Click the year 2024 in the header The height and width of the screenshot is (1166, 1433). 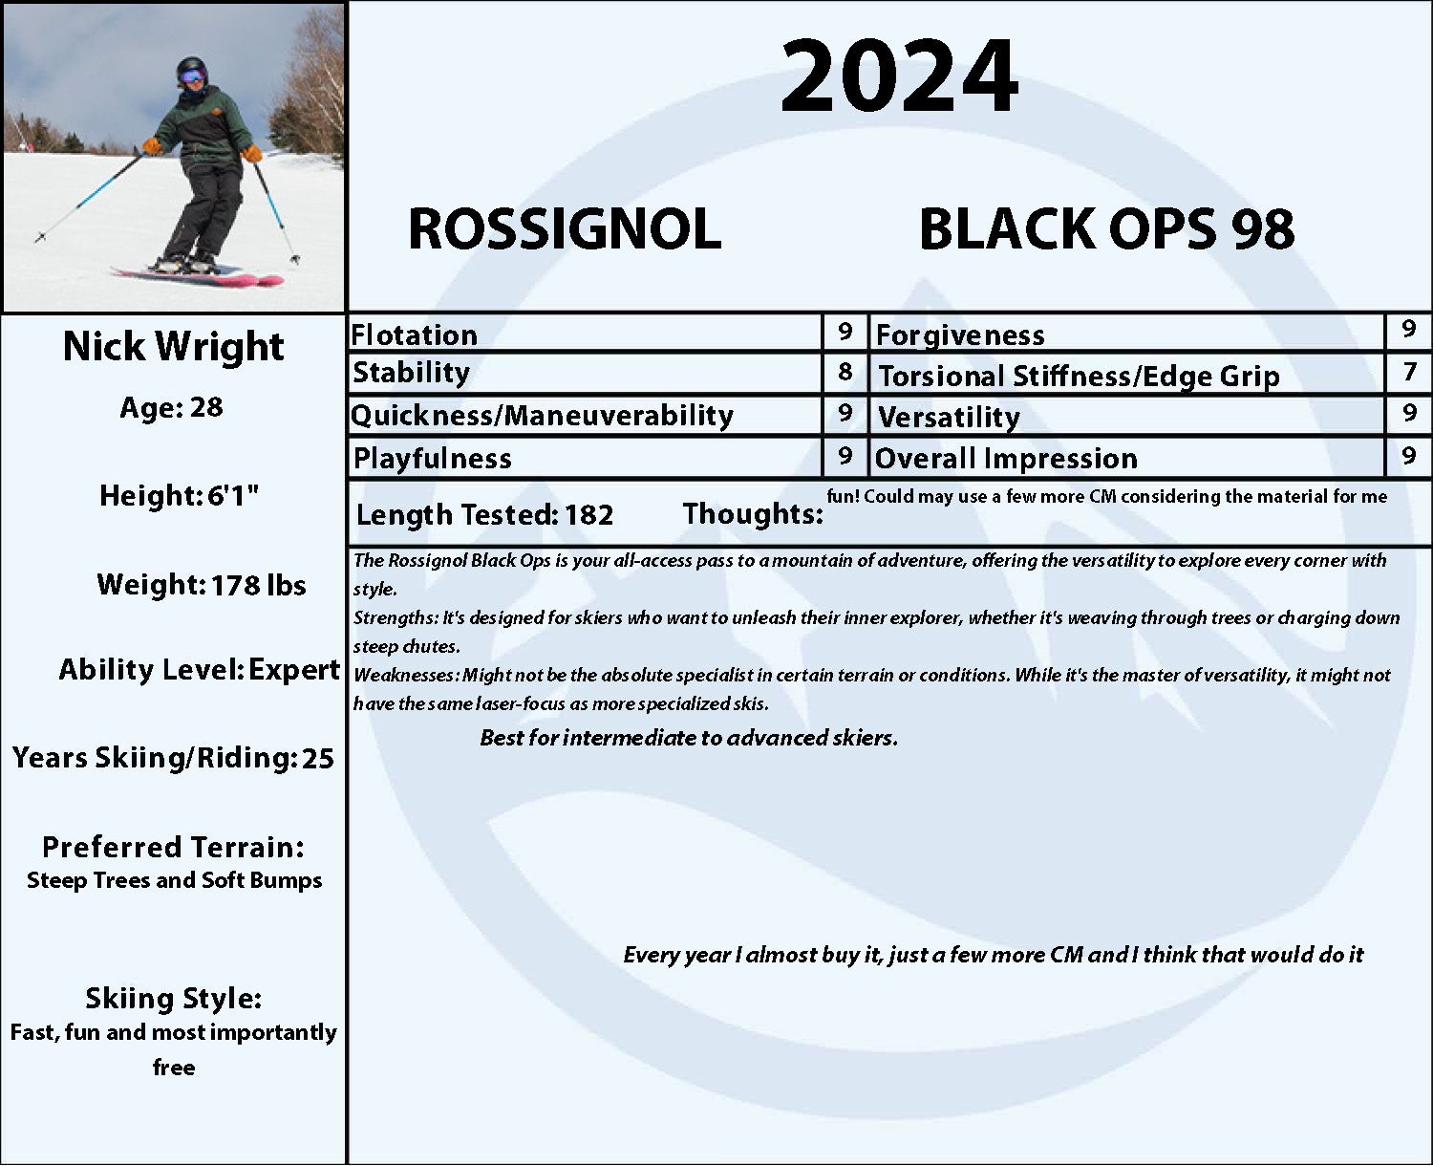click(899, 76)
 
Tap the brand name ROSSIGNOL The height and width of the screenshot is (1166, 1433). click(565, 229)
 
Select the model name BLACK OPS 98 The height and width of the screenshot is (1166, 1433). click(1106, 229)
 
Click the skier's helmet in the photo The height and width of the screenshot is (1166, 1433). click(192, 71)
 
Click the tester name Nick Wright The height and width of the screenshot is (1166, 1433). click(174, 347)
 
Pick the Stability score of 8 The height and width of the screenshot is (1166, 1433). click(845, 372)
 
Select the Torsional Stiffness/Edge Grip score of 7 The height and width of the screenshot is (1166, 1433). click(1410, 372)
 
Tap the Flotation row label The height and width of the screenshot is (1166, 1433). click(414, 335)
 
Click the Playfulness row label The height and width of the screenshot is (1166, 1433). click(432, 459)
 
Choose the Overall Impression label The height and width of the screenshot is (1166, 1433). click(1006, 459)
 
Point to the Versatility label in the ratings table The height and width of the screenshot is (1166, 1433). click(949, 418)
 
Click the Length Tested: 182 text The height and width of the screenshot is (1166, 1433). click(484, 515)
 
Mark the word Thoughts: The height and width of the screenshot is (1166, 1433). click(753, 514)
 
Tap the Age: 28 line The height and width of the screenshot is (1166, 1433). click(171, 408)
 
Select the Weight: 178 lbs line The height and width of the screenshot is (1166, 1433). click(202, 585)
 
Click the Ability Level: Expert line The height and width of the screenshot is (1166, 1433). click(199, 670)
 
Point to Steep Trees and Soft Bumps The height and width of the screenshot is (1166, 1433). click(174, 881)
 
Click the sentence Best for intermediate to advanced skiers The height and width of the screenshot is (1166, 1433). click(689, 738)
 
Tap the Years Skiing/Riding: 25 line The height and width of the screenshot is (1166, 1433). click(173, 758)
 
